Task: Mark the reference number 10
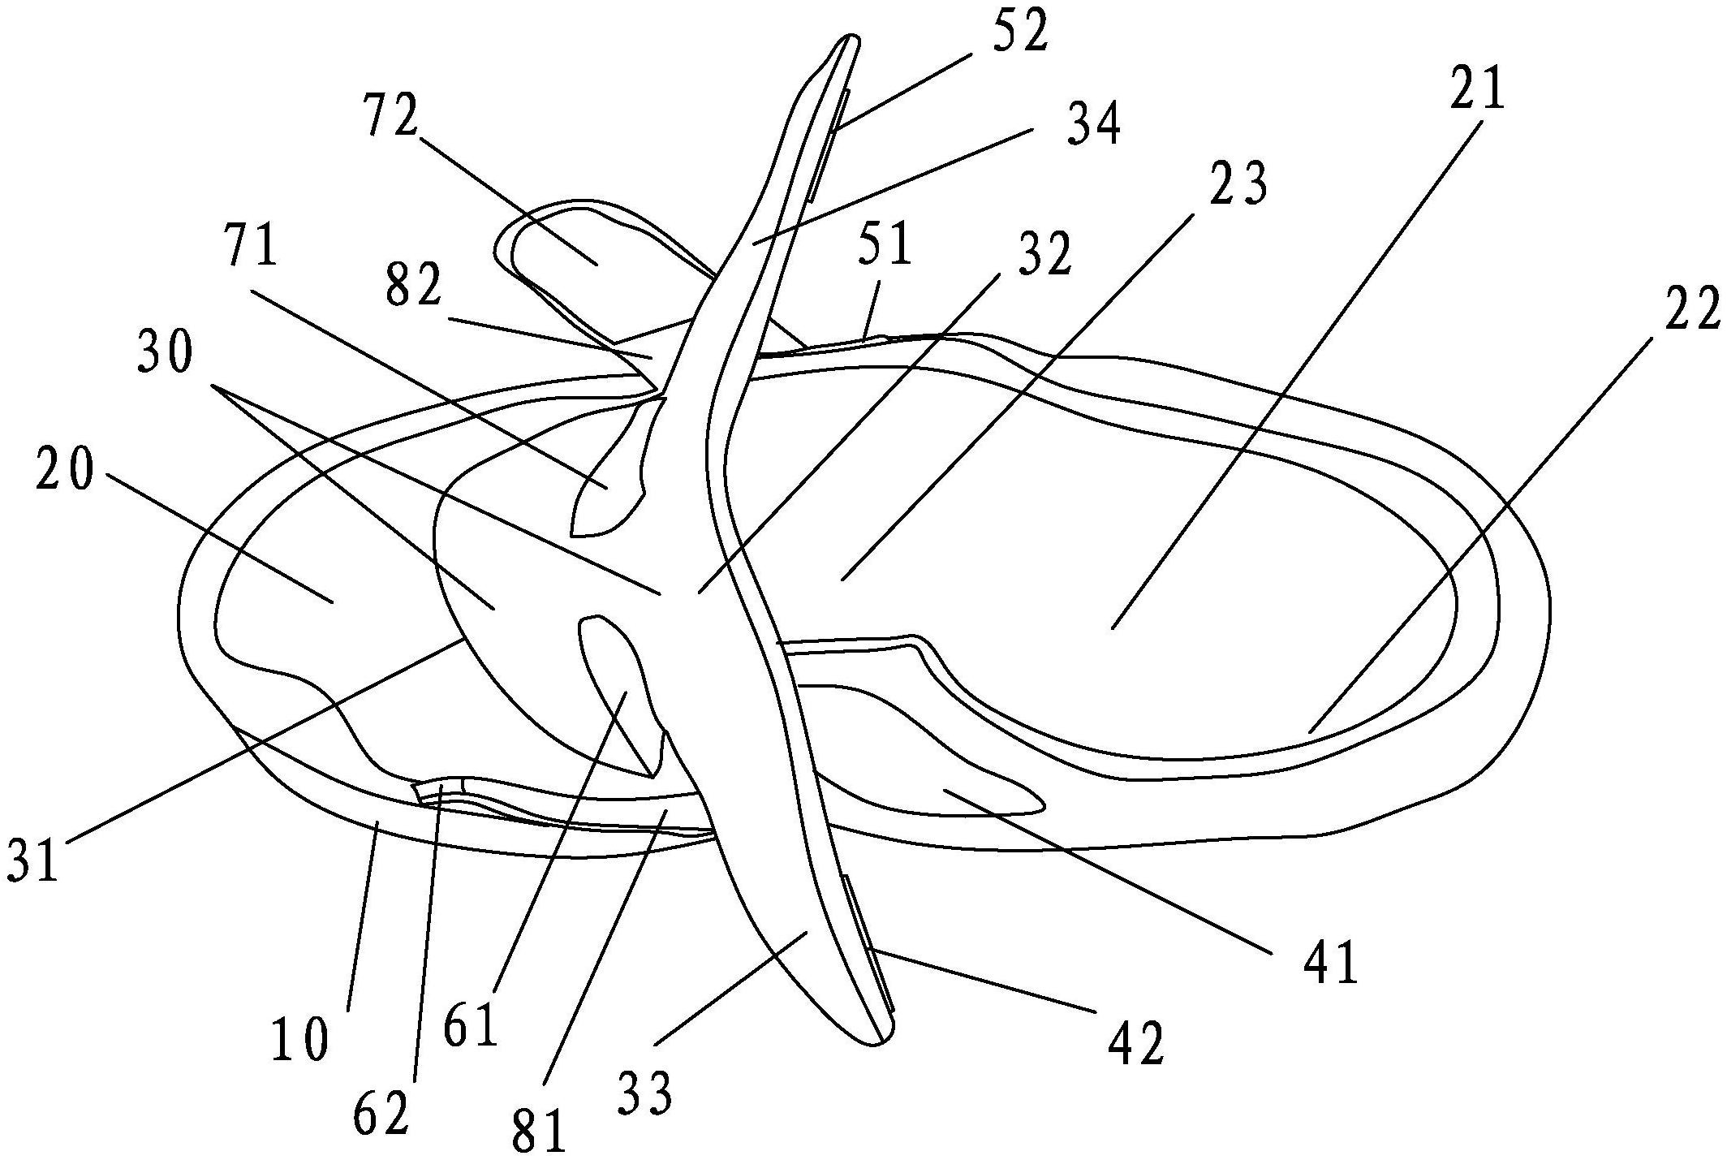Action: click(300, 1040)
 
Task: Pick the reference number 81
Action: click(539, 1130)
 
